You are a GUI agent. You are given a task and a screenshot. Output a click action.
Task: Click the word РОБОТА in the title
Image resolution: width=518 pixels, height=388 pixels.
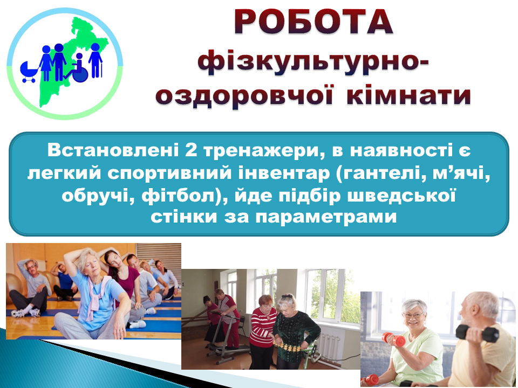click(313, 22)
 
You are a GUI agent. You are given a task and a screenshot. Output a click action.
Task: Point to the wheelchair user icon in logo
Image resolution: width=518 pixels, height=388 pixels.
click(77, 68)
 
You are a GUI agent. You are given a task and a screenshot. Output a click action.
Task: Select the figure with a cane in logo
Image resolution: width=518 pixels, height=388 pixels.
click(96, 61)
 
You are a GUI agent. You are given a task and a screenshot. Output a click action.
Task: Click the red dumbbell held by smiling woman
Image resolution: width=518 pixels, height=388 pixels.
click(393, 339)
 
